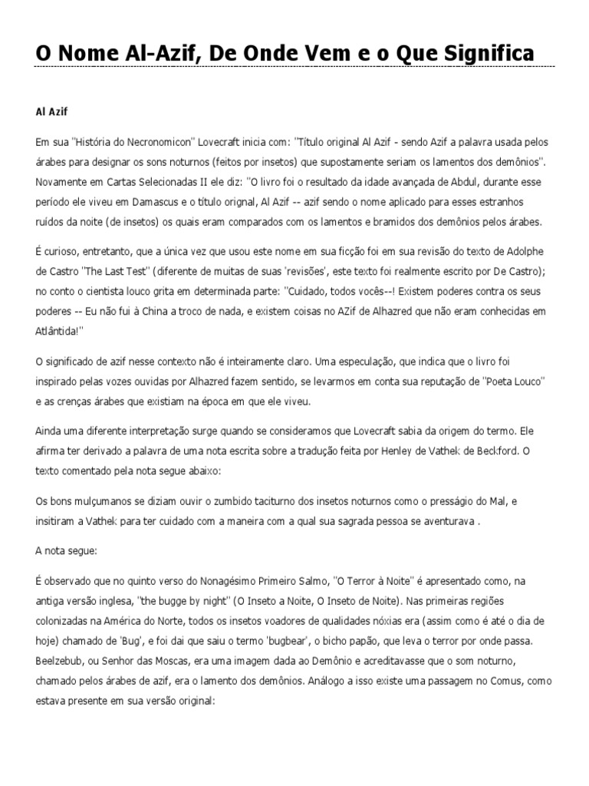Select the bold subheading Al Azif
click(x=52, y=111)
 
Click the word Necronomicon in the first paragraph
click(x=169, y=143)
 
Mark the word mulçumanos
click(x=98, y=501)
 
